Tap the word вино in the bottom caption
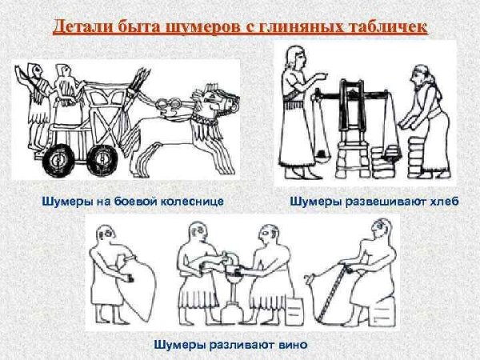(292, 344)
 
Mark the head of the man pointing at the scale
(294, 58)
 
